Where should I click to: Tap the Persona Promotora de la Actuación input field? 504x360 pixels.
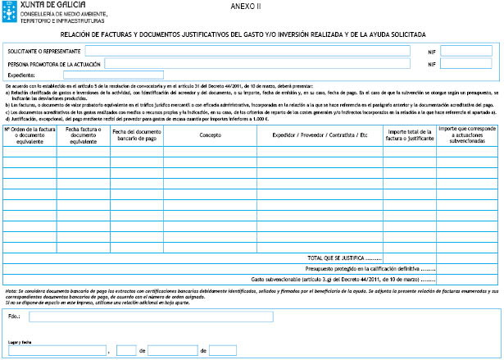(257, 63)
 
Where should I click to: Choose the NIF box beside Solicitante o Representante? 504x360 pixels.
(466, 50)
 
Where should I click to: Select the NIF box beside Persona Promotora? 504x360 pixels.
(466, 63)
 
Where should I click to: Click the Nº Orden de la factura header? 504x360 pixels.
(29, 134)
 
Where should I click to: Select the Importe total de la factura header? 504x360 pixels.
(409, 134)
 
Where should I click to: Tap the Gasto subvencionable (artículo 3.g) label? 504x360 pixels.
(343, 278)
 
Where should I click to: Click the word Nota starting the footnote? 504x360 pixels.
(11, 290)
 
